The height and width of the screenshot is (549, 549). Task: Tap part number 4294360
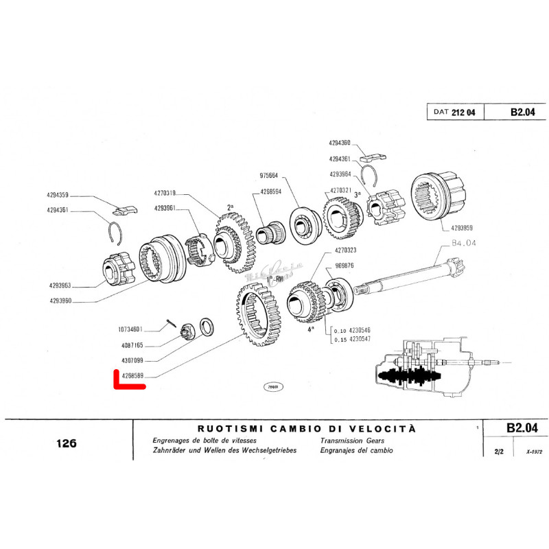pos(340,143)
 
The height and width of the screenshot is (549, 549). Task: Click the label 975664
pos(270,174)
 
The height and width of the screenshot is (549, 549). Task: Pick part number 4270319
pos(165,193)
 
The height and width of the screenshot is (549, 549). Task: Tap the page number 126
pos(67,443)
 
